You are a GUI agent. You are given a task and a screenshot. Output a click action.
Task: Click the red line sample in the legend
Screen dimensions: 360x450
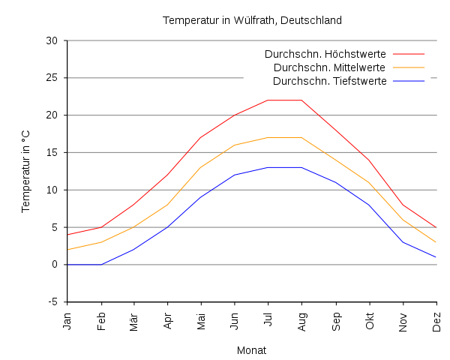(409, 54)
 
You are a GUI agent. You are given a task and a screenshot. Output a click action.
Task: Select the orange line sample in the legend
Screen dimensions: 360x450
(409, 67)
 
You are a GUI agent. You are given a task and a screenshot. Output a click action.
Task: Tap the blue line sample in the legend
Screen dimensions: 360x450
(409, 81)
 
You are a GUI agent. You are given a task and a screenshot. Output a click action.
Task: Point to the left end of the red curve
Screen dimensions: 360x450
(67, 235)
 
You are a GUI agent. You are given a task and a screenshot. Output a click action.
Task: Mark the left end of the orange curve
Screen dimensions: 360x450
(67, 250)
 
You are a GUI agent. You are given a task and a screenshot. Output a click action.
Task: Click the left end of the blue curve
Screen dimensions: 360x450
(67, 265)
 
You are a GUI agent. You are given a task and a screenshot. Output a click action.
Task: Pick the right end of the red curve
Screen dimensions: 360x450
(436, 227)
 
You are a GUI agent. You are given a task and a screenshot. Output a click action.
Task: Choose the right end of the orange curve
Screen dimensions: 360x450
(436, 242)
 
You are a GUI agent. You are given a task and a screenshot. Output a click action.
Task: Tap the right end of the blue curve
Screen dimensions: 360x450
(436, 257)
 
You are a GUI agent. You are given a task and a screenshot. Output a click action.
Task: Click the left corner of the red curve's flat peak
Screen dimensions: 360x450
(268, 100)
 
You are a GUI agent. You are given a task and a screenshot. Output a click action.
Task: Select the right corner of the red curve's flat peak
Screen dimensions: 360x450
(301, 100)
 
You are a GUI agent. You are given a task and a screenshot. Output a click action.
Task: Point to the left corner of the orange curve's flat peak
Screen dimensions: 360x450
(268, 137)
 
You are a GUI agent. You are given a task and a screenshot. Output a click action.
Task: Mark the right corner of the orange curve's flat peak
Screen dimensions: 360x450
(301, 137)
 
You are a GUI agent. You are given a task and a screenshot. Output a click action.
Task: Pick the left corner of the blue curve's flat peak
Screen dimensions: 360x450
(268, 166)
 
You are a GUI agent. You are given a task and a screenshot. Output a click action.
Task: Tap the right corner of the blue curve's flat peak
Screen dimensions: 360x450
(301, 166)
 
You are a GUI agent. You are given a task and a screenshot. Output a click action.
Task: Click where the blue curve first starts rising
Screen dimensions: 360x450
(101, 265)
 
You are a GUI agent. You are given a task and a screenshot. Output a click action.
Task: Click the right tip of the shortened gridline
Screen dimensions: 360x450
(243, 78)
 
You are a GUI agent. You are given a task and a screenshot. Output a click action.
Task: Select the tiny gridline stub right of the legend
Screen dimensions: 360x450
(433, 78)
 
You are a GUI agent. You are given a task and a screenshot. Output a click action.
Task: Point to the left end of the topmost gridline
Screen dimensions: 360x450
(67, 40)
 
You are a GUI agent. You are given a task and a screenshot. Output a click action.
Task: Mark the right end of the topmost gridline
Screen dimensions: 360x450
(436, 40)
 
